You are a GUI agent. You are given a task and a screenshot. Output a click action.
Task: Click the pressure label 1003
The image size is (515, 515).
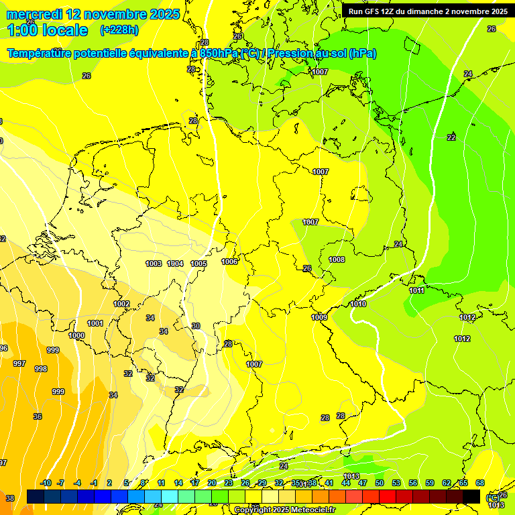[154, 264]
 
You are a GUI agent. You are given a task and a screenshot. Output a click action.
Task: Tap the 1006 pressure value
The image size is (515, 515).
[229, 262]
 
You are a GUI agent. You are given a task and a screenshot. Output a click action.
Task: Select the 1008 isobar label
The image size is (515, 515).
[337, 260]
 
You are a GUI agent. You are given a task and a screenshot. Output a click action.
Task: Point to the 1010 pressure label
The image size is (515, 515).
[358, 304]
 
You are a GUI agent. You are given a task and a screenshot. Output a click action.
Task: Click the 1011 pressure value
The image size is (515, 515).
[417, 290]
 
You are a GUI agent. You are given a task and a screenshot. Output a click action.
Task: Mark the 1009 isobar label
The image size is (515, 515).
[319, 317]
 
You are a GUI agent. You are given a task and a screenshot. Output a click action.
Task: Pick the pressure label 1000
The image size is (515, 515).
[76, 335]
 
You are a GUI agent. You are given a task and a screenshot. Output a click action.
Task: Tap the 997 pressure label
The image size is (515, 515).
[19, 363]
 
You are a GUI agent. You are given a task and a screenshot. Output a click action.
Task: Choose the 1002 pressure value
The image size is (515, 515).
[121, 304]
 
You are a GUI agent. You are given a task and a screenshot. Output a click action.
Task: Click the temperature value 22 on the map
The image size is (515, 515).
[451, 137]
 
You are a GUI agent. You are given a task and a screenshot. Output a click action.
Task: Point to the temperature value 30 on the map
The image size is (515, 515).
[196, 326]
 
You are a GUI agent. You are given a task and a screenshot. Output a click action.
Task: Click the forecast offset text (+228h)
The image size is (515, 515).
[119, 30]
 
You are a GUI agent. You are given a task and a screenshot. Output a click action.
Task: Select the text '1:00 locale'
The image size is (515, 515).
[48, 30]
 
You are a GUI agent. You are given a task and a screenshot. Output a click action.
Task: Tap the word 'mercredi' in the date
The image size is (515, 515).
[35, 14]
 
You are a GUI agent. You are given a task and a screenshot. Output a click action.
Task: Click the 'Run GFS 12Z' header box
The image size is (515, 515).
[428, 11]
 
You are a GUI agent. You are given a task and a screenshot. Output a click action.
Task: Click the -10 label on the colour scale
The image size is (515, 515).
[46, 483]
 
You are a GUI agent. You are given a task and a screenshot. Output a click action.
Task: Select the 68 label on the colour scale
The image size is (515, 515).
[480, 483]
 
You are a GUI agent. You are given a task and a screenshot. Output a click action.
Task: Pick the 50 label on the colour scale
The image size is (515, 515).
[380, 483]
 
